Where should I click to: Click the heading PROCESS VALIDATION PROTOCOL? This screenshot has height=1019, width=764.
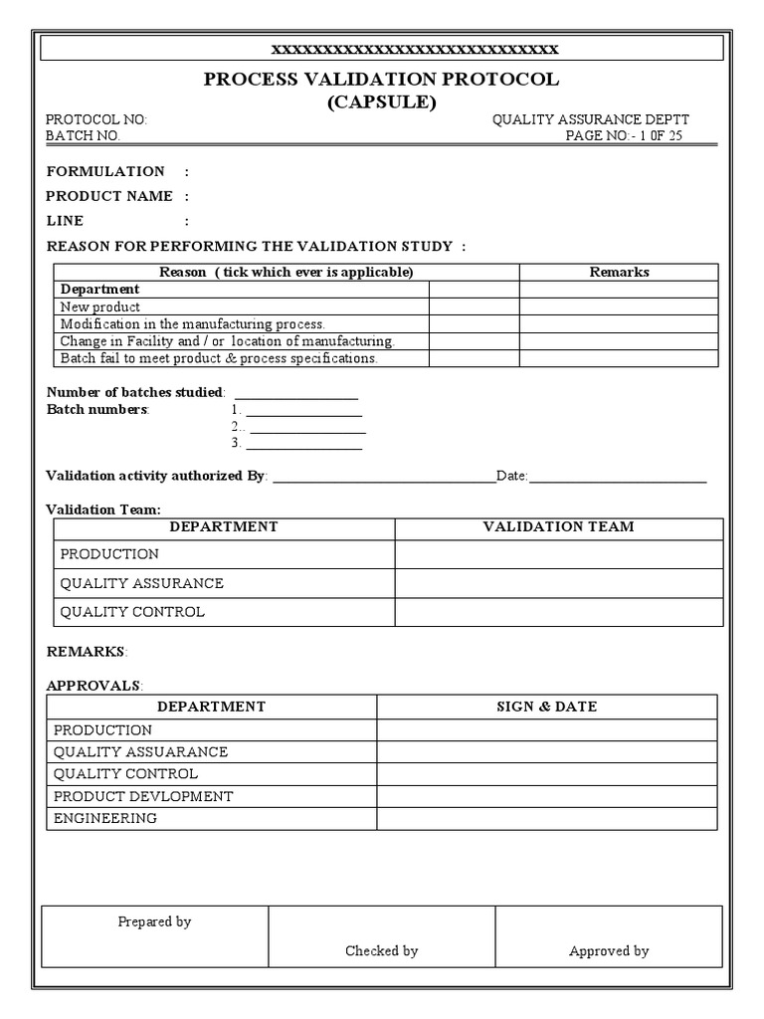(382, 80)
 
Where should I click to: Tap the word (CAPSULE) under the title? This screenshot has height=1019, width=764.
(382, 102)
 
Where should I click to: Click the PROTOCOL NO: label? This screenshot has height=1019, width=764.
(96, 119)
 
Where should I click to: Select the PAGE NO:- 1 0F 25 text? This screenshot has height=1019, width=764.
(624, 136)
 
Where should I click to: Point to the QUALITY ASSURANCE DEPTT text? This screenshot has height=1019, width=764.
(590, 119)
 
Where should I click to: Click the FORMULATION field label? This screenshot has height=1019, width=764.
(105, 171)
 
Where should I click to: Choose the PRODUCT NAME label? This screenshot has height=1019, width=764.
(109, 196)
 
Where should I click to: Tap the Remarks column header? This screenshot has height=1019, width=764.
(619, 272)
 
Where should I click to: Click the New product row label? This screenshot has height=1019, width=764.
(100, 307)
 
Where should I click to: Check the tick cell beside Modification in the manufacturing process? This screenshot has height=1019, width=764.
(474, 324)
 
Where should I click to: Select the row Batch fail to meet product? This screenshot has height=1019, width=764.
(219, 358)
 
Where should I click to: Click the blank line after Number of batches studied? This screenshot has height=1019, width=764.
(295, 394)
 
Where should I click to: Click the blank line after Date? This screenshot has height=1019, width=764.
(618, 478)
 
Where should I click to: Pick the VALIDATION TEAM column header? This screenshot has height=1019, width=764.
(558, 527)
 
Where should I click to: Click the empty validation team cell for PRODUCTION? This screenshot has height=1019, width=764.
(558, 554)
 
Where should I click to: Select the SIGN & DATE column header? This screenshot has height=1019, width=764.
(546, 707)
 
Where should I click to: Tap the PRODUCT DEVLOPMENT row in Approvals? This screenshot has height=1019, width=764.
(143, 796)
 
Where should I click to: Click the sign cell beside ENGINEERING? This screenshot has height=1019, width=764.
(546, 819)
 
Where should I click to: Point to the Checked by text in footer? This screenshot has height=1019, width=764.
(381, 950)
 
